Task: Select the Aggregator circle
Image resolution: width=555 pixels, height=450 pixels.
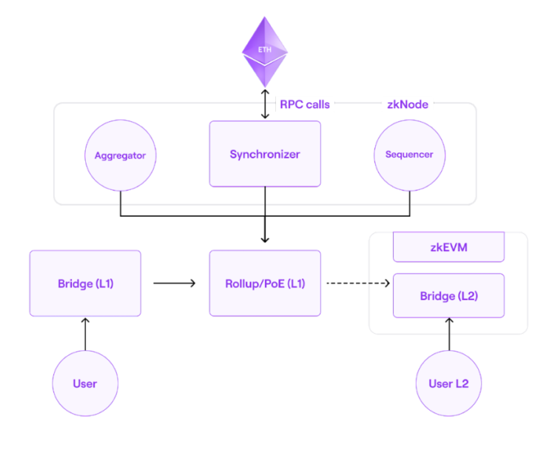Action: (x=120, y=155)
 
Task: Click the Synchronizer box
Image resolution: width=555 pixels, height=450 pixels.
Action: (x=265, y=154)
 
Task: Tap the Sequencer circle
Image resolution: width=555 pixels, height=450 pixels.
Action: (x=409, y=155)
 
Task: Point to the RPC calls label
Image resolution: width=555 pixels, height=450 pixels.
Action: (x=304, y=104)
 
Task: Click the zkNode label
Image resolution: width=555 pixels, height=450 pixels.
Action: (x=407, y=104)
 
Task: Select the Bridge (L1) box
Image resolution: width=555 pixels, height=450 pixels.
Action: (x=85, y=283)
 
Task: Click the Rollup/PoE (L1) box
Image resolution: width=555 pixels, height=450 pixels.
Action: (x=265, y=283)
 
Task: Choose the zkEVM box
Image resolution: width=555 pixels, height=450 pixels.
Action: (x=448, y=247)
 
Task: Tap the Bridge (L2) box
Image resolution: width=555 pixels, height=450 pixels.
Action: (x=448, y=296)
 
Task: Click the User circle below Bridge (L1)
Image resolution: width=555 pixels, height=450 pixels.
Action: (x=85, y=383)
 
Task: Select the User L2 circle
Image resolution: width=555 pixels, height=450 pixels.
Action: (x=448, y=383)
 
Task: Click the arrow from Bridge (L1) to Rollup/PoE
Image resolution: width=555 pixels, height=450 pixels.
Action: (x=175, y=283)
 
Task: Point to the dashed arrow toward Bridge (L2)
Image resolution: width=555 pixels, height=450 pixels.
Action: (x=358, y=283)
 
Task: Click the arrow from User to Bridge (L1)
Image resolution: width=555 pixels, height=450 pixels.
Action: (x=85, y=334)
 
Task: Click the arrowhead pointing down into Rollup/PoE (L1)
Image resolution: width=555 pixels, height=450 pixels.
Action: (x=265, y=238)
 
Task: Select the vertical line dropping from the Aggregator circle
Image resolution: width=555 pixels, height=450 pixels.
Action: (x=120, y=204)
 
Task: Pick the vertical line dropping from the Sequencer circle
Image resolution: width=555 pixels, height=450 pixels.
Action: (x=409, y=204)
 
